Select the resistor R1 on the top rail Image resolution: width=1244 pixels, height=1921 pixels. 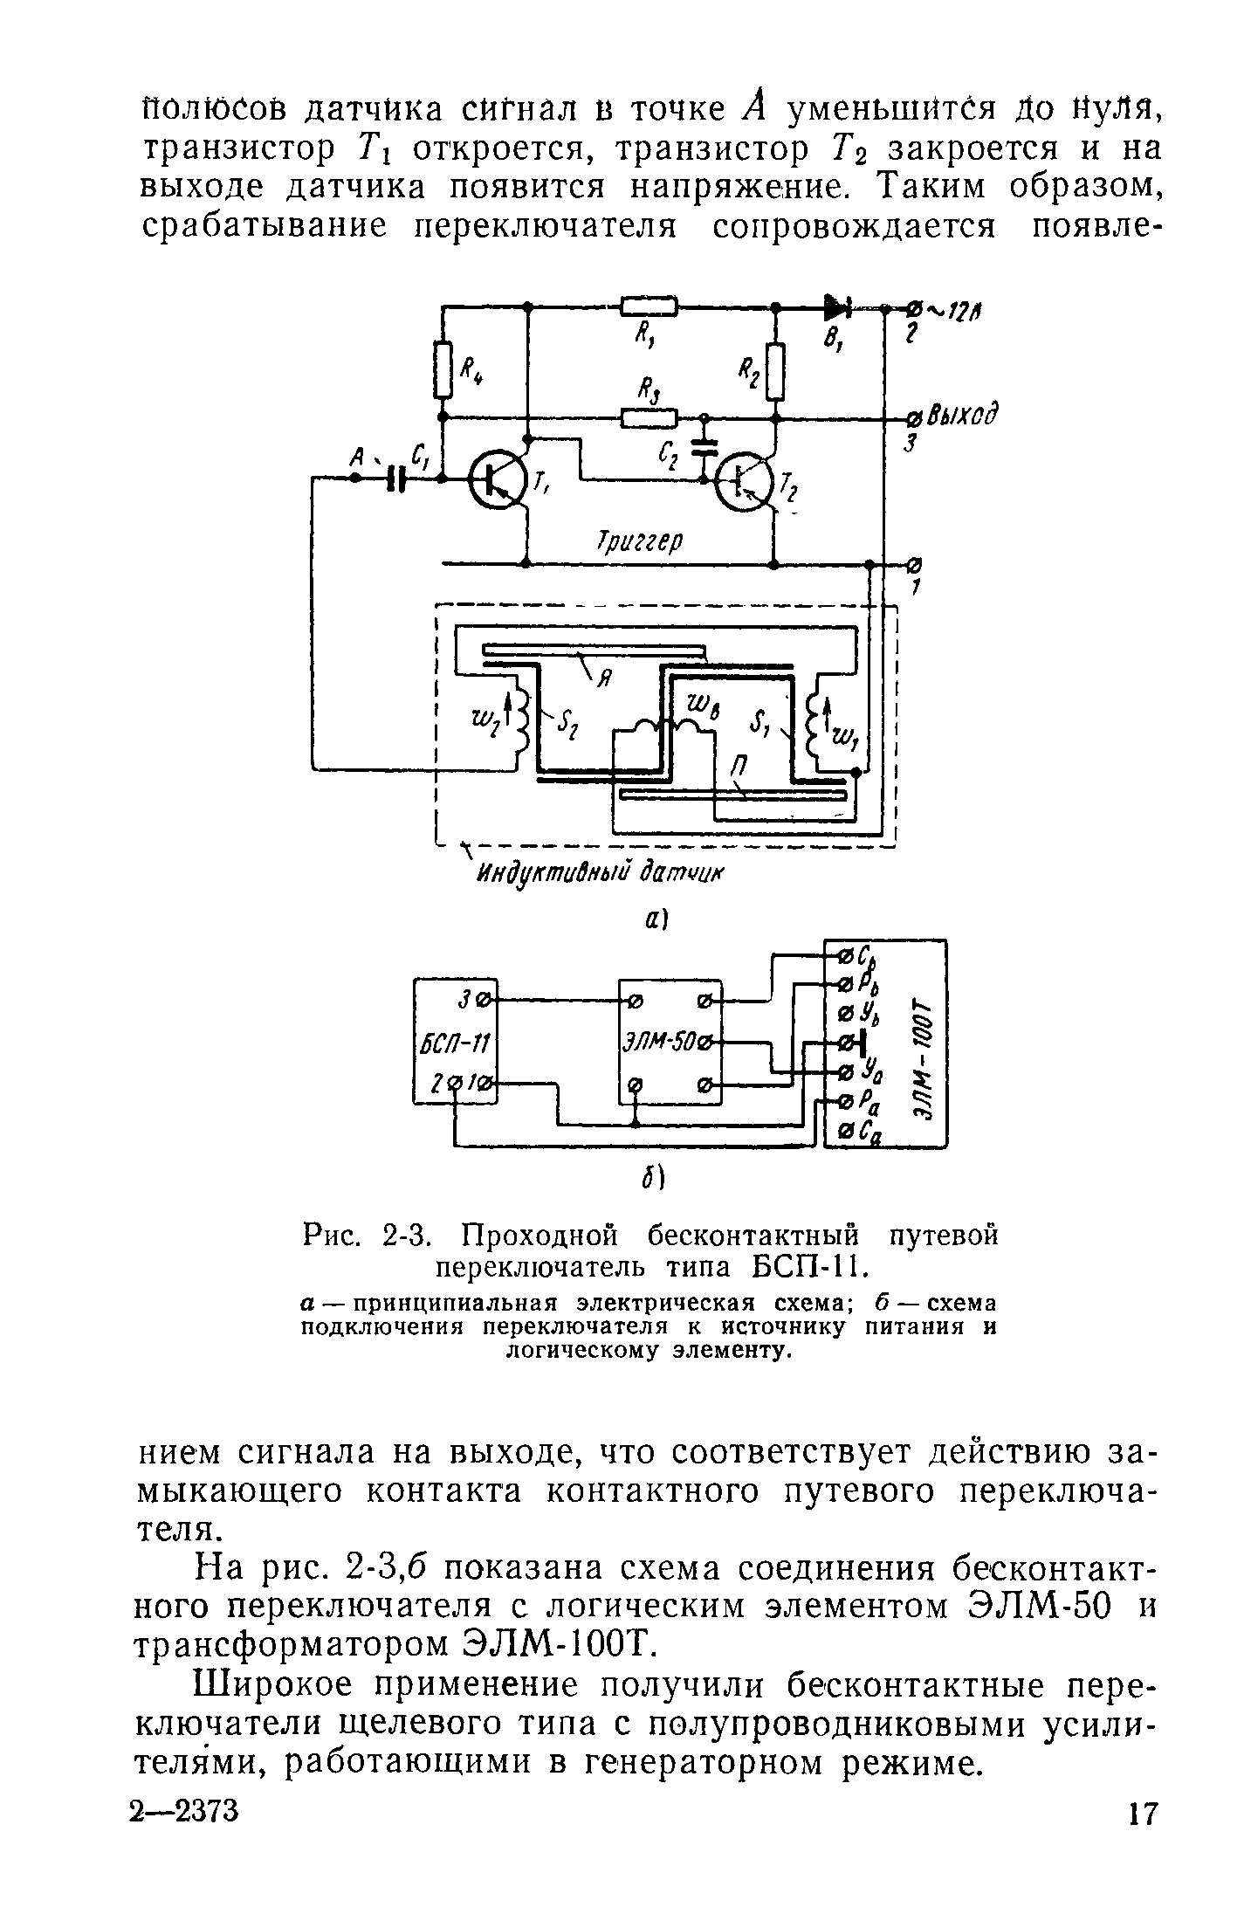(x=649, y=306)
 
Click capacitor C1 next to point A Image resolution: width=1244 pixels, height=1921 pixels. (x=398, y=478)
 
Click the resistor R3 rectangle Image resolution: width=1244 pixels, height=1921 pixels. (x=649, y=418)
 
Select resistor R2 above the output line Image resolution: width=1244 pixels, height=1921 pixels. (x=775, y=370)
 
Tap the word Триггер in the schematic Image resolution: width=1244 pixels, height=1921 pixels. (x=637, y=540)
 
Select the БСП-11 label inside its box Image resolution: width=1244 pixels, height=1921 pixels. (x=454, y=1043)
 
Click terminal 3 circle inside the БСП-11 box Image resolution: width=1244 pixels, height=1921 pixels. (x=485, y=997)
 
